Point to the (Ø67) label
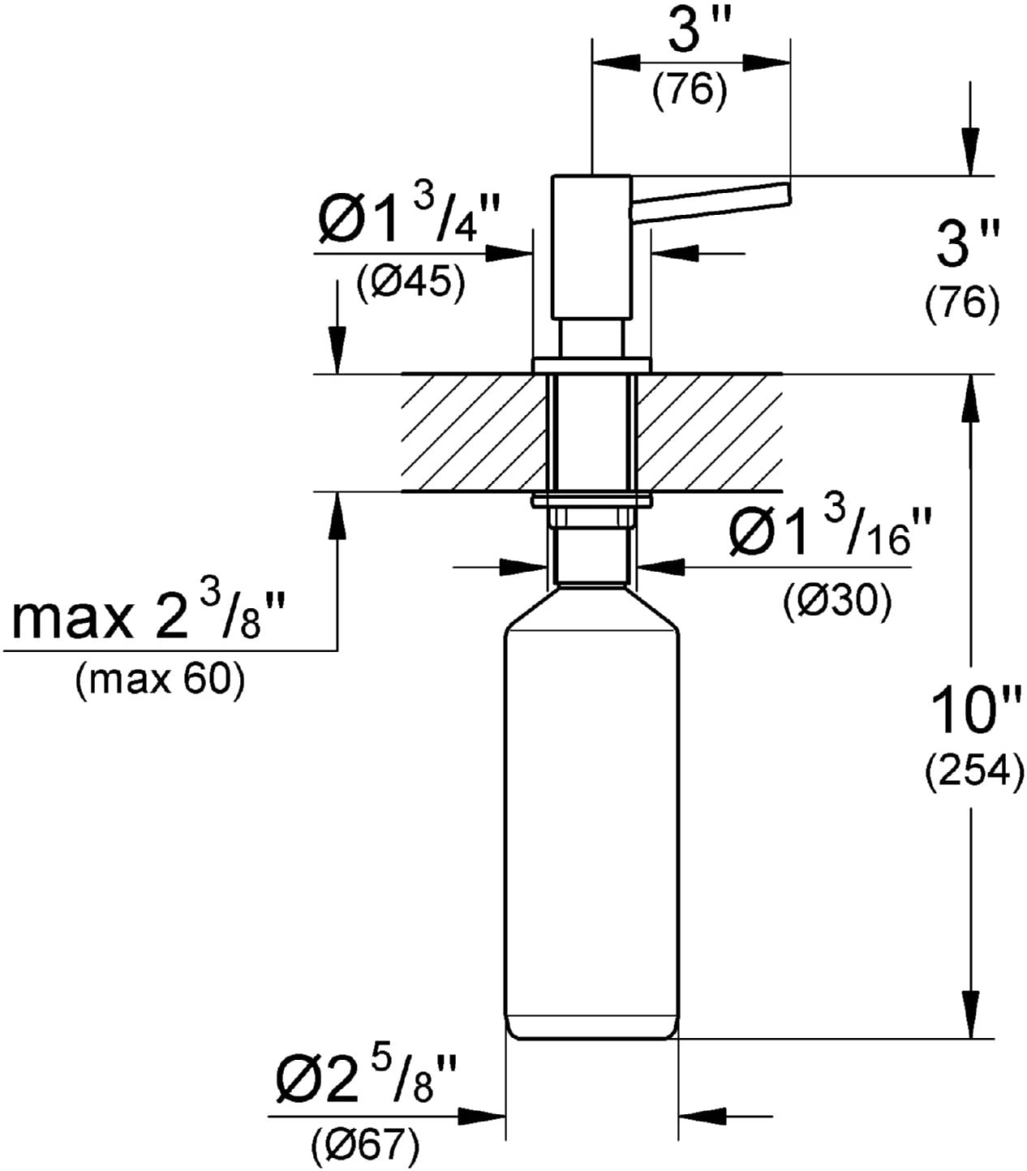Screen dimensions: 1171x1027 [x=365, y=1144]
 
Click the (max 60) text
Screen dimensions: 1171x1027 [x=159, y=680]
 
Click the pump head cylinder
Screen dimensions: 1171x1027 [x=591, y=247]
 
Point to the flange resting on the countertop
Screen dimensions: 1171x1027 [x=591, y=364]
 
